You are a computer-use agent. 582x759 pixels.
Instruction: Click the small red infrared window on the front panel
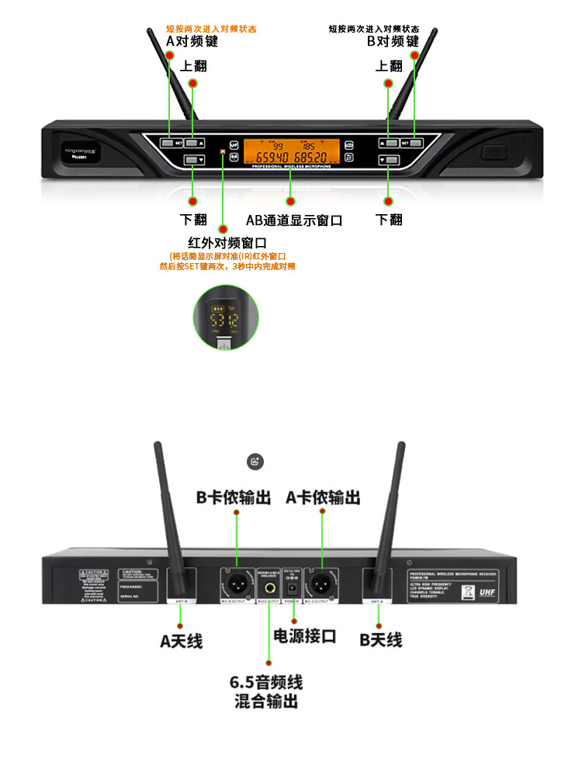pos(222,152)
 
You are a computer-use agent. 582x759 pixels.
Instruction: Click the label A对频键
pos(192,42)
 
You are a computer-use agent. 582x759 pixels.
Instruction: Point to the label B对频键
pos(393,42)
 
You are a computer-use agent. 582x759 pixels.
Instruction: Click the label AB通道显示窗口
pos(294,220)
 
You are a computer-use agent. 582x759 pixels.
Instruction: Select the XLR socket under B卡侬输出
pos(237,581)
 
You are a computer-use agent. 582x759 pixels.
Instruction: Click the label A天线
pos(181,641)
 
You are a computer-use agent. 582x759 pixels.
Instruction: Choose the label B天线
pos(381,640)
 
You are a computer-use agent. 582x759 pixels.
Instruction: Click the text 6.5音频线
pos(266,683)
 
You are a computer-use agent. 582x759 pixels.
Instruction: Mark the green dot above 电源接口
pos(294,619)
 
